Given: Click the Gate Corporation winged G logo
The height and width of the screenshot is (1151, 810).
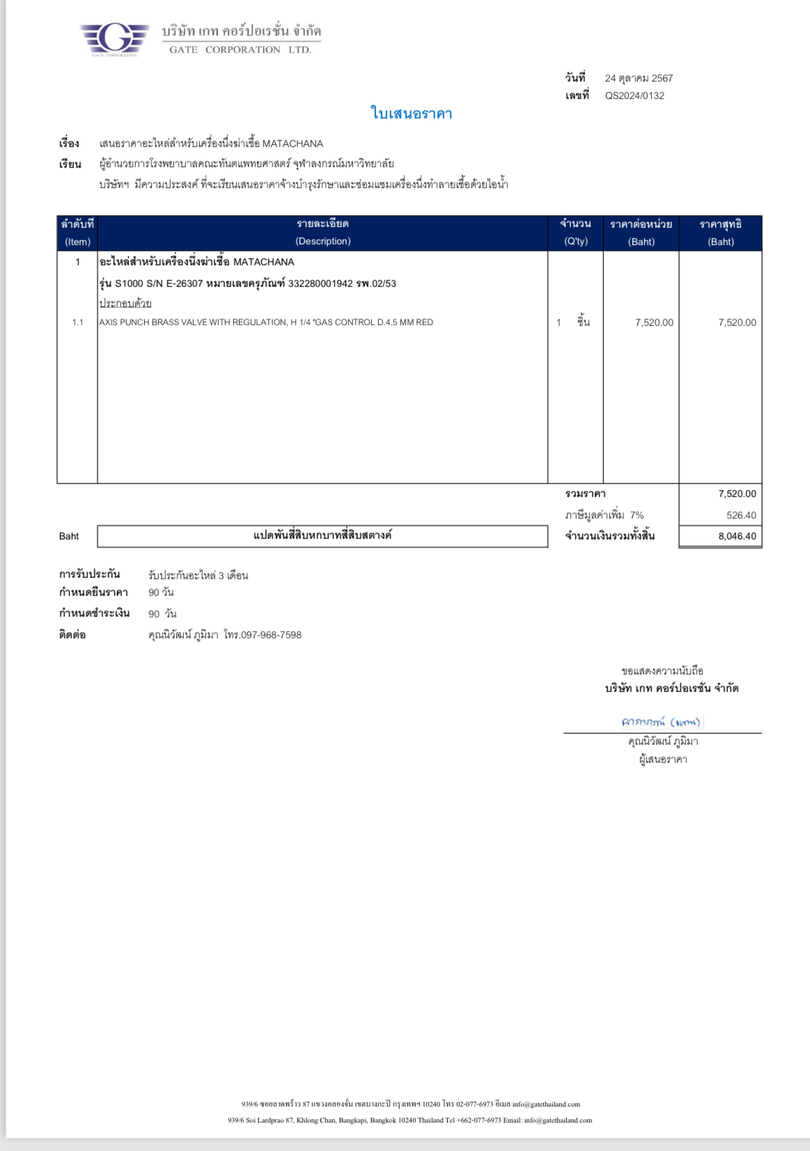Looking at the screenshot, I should pyautogui.click(x=114, y=39).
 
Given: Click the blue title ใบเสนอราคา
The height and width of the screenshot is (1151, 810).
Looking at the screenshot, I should pyautogui.click(x=411, y=113).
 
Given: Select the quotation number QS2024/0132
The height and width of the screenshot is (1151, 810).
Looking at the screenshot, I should pyautogui.click(x=634, y=96).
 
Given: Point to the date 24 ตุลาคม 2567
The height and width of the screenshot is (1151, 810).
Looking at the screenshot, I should pyautogui.click(x=638, y=78).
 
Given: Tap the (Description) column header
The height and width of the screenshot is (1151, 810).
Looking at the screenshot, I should pyautogui.click(x=322, y=241).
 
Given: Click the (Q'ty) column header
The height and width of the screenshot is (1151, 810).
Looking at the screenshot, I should pyautogui.click(x=575, y=241).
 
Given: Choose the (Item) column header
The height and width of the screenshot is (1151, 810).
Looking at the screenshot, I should pyautogui.click(x=77, y=241).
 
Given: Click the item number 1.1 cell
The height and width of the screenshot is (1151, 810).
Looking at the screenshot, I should pyautogui.click(x=77, y=322).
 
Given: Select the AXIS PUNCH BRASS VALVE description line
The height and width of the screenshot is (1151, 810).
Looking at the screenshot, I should pyautogui.click(x=266, y=322).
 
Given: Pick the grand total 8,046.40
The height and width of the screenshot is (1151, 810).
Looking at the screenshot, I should pyautogui.click(x=737, y=536).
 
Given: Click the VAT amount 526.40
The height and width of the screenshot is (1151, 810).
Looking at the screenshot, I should pyautogui.click(x=740, y=515).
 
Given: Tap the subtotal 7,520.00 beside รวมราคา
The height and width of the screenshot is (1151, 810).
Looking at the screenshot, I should pyautogui.click(x=737, y=493).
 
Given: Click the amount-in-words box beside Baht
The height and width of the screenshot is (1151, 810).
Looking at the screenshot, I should pyautogui.click(x=322, y=536).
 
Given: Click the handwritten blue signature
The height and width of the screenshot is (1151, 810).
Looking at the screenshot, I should pyautogui.click(x=660, y=722).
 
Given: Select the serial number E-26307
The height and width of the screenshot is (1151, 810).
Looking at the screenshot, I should pyautogui.click(x=184, y=283).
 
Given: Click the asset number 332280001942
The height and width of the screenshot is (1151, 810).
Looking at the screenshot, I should pyautogui.click(x=320, y=283).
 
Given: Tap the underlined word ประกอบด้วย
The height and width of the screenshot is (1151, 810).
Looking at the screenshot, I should pyautogui.click(x=125, y=303).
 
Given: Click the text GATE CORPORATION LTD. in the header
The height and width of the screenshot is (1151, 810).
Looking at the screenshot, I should pyautogui.click(x=240, y=49).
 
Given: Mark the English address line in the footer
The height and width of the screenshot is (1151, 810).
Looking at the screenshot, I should pyautogui.click(x=410, y=1120).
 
